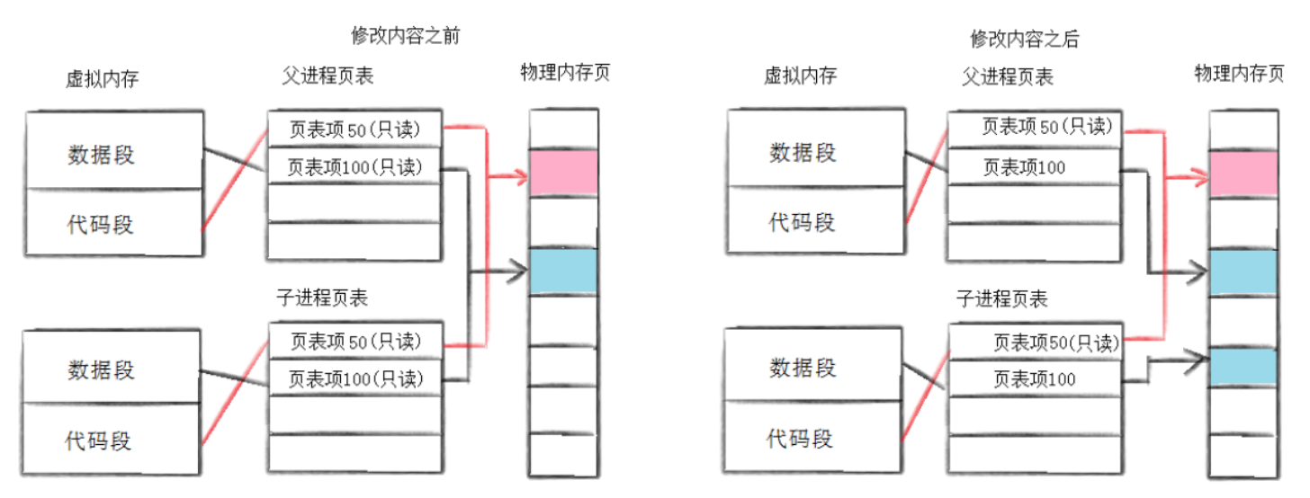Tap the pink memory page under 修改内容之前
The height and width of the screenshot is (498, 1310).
(x=563, y=173)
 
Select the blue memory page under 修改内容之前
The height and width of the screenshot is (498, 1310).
(x=563, y=271)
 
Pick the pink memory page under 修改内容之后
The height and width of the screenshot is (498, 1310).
(x=1243, y=173)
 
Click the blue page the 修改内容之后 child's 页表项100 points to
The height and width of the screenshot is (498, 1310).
(x=1243, y=366)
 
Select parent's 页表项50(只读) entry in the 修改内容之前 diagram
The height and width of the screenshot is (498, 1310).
(x=354, y=129)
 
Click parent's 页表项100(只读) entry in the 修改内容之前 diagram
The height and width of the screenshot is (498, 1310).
(x=354, y=166)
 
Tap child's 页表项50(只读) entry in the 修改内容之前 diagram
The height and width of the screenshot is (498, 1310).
(x=354, y=342)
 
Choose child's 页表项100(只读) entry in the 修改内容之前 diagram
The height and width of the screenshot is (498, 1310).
(x=354, y=378)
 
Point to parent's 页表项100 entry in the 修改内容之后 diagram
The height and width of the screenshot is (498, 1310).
(x=1032, y=167)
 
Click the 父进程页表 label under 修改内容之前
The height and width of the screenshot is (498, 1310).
(x=327, y=76)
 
